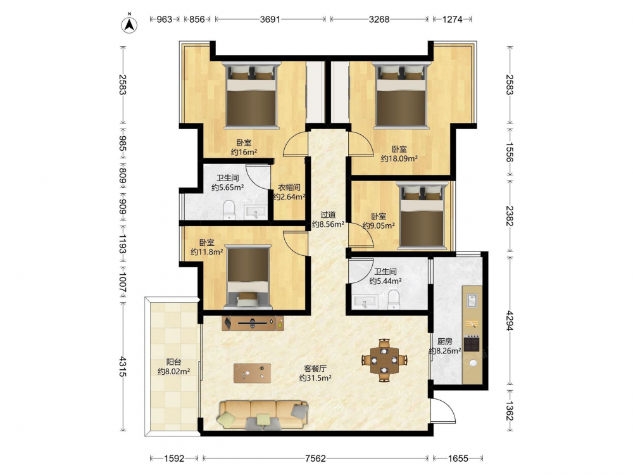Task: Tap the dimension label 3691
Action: tap(270, 19)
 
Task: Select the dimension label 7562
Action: tap(315, 458)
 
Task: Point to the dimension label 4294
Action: tap(510, 320)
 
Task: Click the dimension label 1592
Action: tap(174, 458)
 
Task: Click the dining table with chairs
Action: tap(384, 360)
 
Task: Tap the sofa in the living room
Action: tap(263, 415)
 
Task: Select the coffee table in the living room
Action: tap(253, 373)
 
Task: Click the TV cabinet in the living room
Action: tap(253, 323)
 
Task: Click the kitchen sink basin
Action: tap(472, 301)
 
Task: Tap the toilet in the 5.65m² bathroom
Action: tap(229, 210)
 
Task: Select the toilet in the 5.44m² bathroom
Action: tap(393, 300)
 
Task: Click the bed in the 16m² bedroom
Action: tap(252, 95)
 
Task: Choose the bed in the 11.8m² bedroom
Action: tap(248, 277)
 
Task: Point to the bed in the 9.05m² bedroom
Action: tap(422, 216)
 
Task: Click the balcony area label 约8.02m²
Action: tap(173, 371)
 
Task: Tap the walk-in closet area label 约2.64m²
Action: tap(289, 197)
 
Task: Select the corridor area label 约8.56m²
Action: tap(328, 224)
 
